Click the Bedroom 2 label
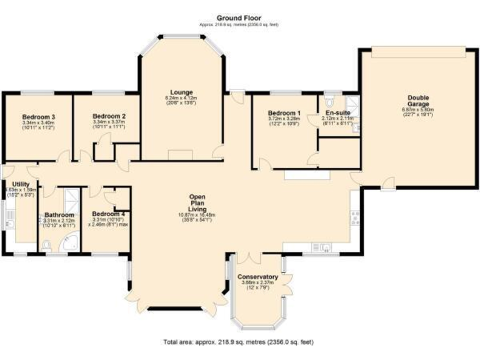109,116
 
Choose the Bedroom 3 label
39,116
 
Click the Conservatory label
257,277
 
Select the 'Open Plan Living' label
197,202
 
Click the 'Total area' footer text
238,342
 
